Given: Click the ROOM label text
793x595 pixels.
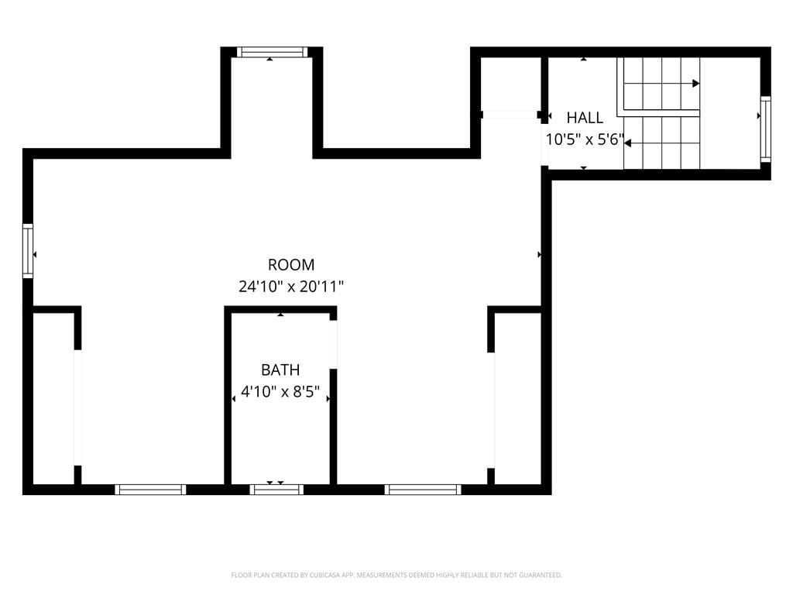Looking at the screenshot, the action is (291, 265).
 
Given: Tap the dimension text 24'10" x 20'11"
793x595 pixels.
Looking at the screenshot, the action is (291, 287).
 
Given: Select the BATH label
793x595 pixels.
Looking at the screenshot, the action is (280, 370).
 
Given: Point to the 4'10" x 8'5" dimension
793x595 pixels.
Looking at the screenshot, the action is (280, 391).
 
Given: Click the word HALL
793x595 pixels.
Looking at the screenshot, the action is (585, 118).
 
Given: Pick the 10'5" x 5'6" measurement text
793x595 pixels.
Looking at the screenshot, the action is (585, 139).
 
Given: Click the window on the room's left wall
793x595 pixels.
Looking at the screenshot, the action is (28, 251).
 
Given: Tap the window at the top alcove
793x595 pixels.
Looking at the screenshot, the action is (272, 52).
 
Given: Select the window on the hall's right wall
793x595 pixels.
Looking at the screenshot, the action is (766, 129).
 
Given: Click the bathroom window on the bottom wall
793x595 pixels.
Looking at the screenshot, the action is (276, 490).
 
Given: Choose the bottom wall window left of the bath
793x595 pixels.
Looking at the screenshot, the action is (150, 490).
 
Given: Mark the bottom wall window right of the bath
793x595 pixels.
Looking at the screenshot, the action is (423, 490).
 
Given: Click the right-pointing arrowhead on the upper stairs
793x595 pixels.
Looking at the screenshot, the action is (696, 83).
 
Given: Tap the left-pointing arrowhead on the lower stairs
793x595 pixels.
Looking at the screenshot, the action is (627, 143).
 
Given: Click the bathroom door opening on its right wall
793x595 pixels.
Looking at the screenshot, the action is (333, 345).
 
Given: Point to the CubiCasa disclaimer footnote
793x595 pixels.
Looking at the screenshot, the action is (396, 575).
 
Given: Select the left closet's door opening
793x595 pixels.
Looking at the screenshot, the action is (77, 408).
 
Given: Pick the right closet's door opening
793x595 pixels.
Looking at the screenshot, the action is (490, 411).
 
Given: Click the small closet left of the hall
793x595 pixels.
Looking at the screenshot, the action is (511, 84).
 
